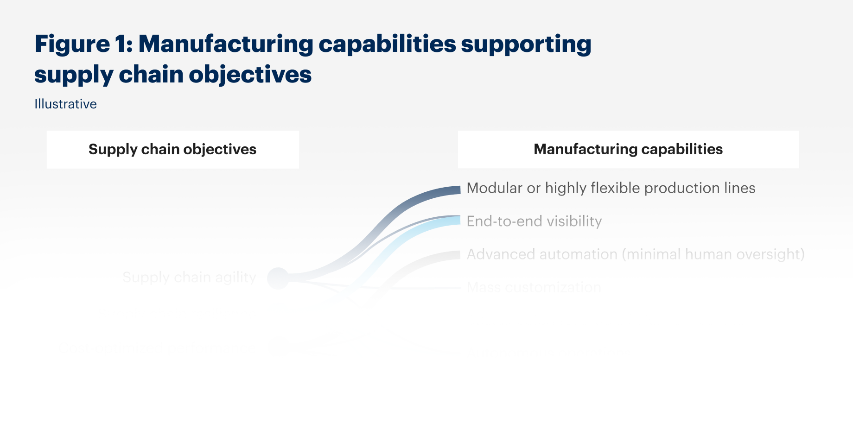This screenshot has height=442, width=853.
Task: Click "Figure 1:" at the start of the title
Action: [83, 44]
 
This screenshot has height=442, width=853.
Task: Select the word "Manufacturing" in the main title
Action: [226, 44]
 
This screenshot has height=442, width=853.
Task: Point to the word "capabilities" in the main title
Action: [387, 44]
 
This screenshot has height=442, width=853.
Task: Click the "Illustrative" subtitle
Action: [65, 104]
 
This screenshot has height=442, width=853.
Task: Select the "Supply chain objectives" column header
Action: [172, 149]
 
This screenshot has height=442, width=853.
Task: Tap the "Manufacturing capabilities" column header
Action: [628, 149]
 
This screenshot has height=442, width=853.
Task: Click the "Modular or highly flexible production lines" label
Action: [611, 188]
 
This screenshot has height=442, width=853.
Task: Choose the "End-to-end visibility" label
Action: [534, 221]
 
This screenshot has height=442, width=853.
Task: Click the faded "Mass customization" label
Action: [534, 287]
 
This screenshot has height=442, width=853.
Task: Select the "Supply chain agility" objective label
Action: [189, 278]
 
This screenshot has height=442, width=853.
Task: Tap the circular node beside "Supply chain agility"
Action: [278, 278]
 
